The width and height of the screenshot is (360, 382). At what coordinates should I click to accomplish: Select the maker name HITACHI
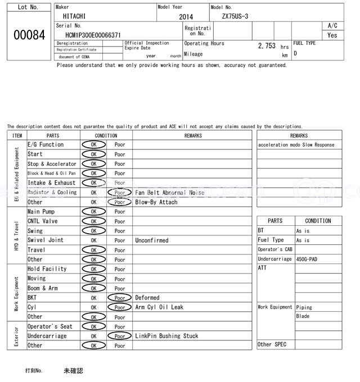[74, 16]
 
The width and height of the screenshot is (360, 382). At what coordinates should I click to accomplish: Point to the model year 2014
[186, 17]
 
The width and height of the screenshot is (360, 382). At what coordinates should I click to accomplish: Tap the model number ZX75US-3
[236, 16]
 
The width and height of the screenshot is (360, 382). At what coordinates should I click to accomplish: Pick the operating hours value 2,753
[267, 46]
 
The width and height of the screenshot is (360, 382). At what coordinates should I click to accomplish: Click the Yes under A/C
[332, 35]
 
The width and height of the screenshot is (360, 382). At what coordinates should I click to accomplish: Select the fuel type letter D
[295, 53]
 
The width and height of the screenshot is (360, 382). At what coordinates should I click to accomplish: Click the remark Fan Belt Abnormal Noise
[170, 192]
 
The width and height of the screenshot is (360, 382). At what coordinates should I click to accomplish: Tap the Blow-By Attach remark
[156, 202]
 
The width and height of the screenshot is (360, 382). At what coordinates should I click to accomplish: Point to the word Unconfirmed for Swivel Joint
[151, 240]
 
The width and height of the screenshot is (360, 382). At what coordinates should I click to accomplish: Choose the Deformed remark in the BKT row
[147, 297]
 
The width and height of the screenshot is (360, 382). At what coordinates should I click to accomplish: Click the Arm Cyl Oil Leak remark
[159, 307]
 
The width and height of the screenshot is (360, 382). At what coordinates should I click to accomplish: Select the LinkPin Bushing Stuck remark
[166, 336]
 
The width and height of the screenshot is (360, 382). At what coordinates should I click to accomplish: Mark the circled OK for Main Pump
[93, 211]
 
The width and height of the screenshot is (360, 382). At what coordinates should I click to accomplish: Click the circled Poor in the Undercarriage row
[120, 336]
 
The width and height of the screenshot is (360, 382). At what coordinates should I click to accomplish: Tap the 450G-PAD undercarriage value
[307, 259]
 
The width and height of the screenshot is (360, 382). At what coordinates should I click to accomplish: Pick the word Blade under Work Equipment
[303, 316]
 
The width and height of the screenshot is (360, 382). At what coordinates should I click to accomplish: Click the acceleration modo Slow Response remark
[296, 145]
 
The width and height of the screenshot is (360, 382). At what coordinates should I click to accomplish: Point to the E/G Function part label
[46, 144]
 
